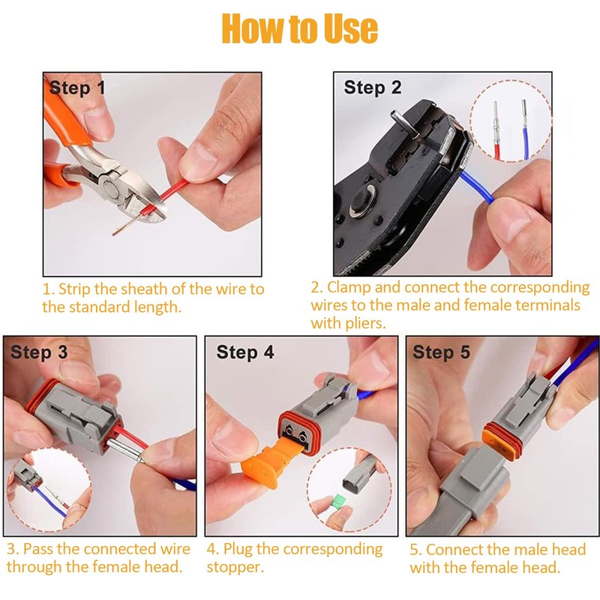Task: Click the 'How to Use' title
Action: click(299, 28)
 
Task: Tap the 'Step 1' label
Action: click(77, 88)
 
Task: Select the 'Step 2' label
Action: click(372, 88)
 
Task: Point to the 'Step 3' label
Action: click(39, 352)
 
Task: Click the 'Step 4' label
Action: click(245, 352)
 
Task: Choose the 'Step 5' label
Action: click(441, 352)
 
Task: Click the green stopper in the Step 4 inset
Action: click(338, 502)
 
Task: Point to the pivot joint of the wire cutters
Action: click(109, 189)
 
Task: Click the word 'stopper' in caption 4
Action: click(235, 567)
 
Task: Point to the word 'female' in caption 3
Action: click(118, 566)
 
